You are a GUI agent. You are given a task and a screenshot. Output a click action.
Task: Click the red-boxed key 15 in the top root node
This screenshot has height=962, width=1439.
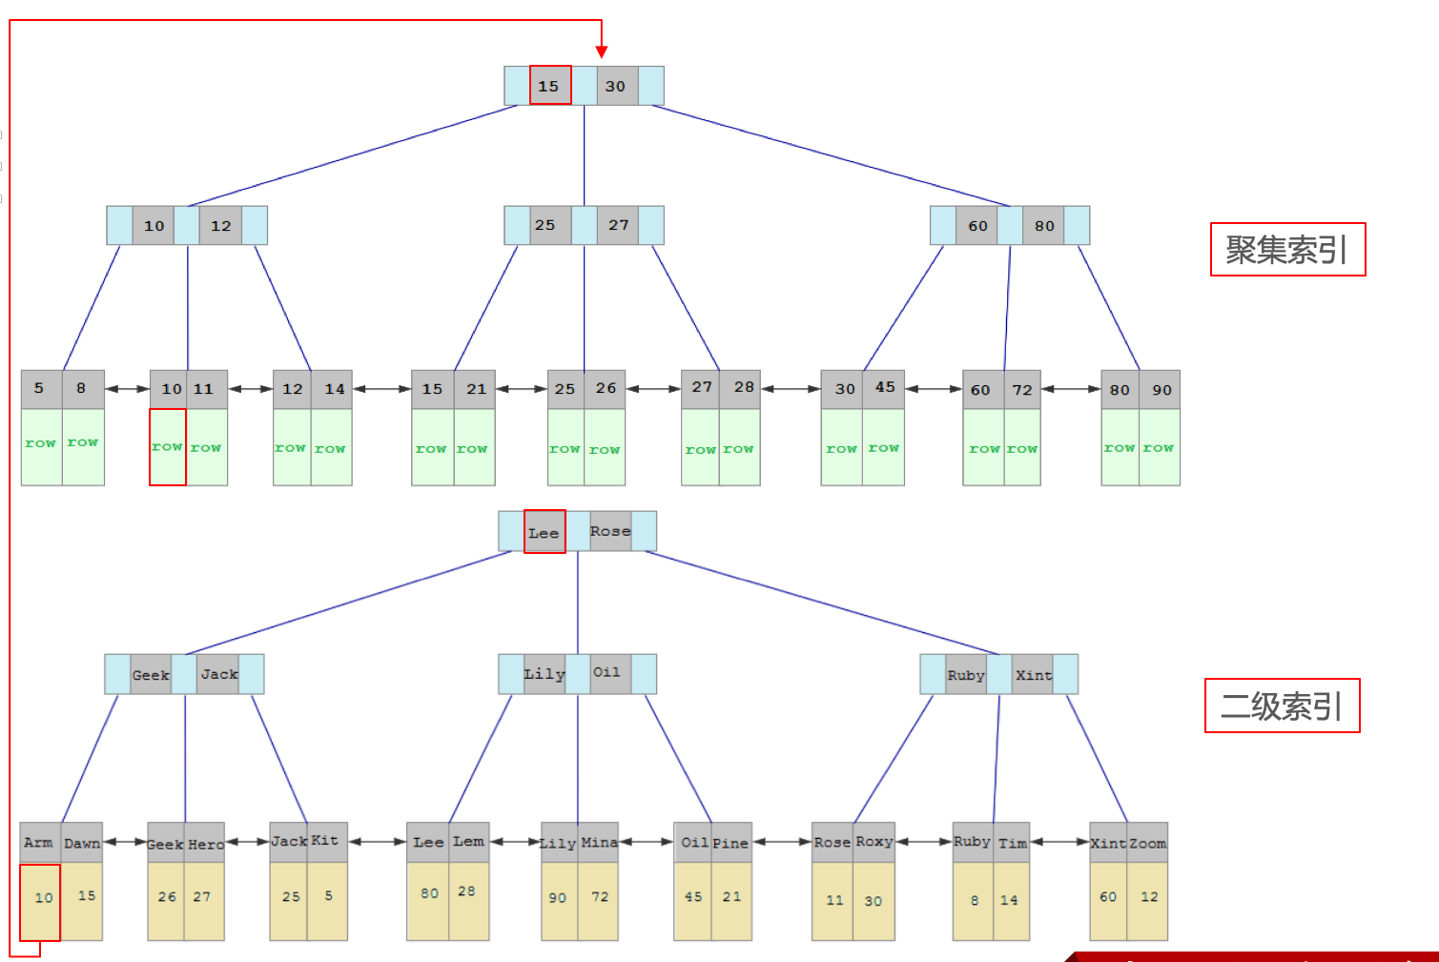click(550, 86)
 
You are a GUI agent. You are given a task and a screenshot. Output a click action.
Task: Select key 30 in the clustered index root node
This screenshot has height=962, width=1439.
click(616, 86)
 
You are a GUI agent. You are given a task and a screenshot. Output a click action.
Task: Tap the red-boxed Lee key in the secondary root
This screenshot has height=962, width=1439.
click(545, 532)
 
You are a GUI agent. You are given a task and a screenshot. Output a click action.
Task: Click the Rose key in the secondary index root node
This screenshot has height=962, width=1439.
click(610, 531)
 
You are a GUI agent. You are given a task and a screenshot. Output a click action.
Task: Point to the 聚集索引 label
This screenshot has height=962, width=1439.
click(1287, 250)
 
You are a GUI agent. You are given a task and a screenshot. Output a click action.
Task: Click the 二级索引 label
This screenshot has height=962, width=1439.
click(1282, 706)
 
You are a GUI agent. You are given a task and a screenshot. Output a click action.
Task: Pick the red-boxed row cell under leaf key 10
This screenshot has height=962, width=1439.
click(168, 447)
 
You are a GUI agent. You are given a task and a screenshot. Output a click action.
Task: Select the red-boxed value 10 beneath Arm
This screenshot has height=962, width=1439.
click(41, 902)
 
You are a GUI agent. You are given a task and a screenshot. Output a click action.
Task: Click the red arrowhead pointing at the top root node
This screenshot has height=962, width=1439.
click(602, 51)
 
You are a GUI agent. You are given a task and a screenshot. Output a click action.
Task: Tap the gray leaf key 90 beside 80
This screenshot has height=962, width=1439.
click(1161, 390)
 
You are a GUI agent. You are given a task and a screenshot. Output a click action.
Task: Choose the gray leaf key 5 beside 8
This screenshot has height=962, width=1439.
click(40, 389)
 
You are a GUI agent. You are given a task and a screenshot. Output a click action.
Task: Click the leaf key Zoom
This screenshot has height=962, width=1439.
click(1148, 843)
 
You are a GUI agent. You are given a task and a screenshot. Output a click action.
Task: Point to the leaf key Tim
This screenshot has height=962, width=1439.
click(1012, 843)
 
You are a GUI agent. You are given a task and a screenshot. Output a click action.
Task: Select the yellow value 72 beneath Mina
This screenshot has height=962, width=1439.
click(600, 897)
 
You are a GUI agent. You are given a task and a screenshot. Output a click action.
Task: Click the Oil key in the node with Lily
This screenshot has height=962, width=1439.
click(607, 673)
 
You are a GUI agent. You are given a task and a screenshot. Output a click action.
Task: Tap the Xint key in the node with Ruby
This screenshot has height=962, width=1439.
click(1034, 675)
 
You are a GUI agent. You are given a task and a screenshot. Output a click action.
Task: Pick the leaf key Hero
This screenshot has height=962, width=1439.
click(205, 844)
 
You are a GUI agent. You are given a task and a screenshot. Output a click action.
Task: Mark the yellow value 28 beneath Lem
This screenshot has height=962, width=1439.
click(466, 891)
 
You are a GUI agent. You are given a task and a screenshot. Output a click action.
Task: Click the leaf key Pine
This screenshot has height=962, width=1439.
click(731, 843)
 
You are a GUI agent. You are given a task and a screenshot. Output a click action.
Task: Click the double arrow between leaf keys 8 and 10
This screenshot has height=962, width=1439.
click(127, 389)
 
